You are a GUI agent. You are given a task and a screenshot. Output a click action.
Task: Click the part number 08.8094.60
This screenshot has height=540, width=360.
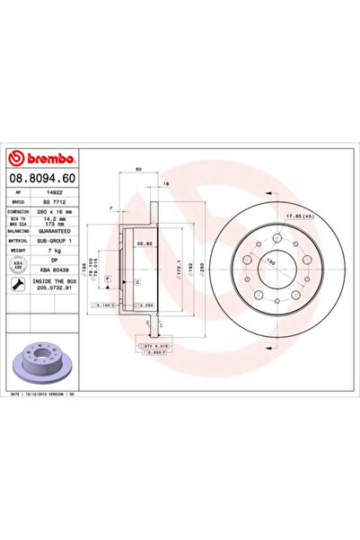pyautogui.click(x=44, y=180)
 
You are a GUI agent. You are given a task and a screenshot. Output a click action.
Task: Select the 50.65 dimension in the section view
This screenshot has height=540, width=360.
pyautogui.click(x=145, y=243)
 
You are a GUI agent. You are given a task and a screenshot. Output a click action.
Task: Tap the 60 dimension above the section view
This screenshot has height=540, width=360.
pyautogui.click(x=138, y=169)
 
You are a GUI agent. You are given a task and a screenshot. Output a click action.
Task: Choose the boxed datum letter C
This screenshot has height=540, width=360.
pyautogui.click(x=137, y=283)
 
